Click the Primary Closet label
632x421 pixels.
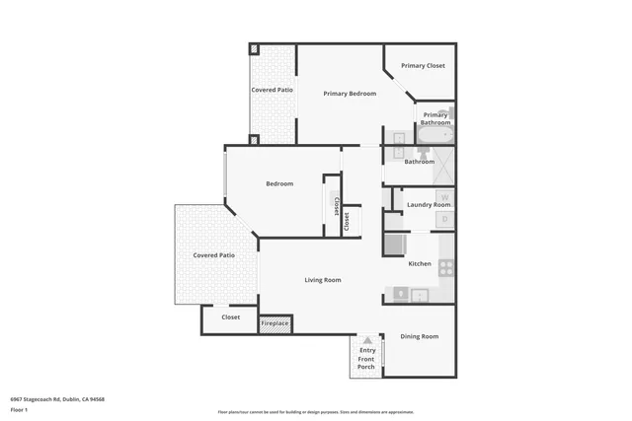click(423, 66)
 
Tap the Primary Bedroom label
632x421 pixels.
click(350, 94)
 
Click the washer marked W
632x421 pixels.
click(443, 195)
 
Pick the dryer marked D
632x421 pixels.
click(443, 218)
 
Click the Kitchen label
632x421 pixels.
click(420, 263)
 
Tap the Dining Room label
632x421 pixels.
click(419, 337)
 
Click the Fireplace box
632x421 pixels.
click(275, 323)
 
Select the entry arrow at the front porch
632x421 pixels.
click(367, 340)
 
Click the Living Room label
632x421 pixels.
click(322, 280)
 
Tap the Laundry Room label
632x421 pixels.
click(429, 205)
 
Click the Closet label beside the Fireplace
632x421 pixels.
click(230, 317)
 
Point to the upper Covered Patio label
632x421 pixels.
click(272, 90)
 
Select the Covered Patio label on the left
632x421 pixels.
click(213, 255)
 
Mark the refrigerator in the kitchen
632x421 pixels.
click(394, 245)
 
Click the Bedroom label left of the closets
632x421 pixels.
click(279, 183)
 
